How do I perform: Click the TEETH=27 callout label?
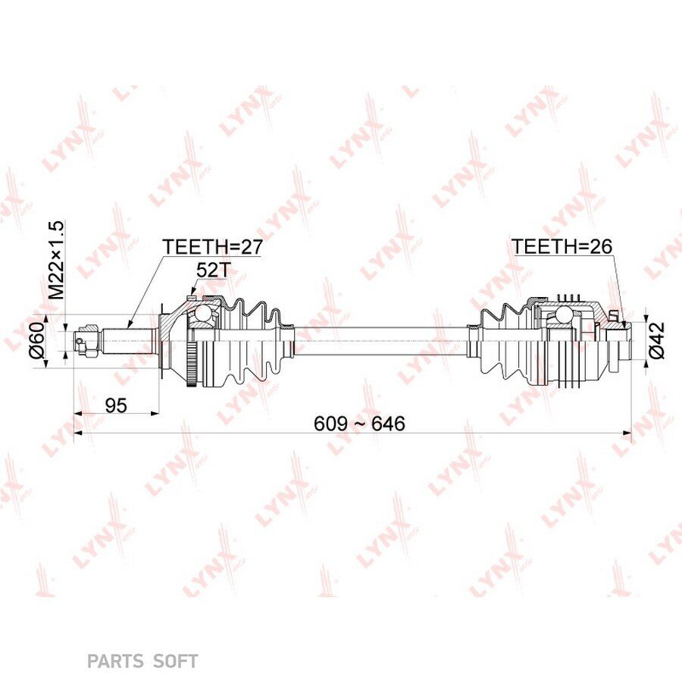tap(213, 246)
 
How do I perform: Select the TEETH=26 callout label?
tap(562, 246)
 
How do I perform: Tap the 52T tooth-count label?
tap(212, 271)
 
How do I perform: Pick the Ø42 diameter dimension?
tap(657, 340)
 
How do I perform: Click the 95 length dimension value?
tap(116, 405)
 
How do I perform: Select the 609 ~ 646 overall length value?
tap(359, 423)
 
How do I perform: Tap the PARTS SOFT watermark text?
tap(142, 662)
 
